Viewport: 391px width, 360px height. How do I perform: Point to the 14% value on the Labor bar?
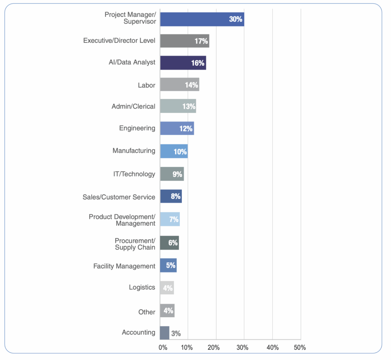[x=191, y=85]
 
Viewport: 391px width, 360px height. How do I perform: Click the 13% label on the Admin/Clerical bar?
[x=189, y=107]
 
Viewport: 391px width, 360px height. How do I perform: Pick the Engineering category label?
[x=137, y=128]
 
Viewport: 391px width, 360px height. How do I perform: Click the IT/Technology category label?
[x=131, y=174]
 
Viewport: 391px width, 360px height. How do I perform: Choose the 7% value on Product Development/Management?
[x=174, y=220]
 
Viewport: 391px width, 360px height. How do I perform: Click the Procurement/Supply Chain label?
[x=135, y=244]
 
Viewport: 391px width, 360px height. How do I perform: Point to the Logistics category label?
[x=142, y=287]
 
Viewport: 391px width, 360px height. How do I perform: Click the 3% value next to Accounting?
[x=176, y=333]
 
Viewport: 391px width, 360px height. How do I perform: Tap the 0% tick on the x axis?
[x=163, y=348]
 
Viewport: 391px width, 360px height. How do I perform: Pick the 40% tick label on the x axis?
[x=272, y=348]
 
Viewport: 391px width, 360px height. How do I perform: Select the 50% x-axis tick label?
[x=300, y=348]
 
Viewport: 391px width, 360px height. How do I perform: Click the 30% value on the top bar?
[x=236, y=19]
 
